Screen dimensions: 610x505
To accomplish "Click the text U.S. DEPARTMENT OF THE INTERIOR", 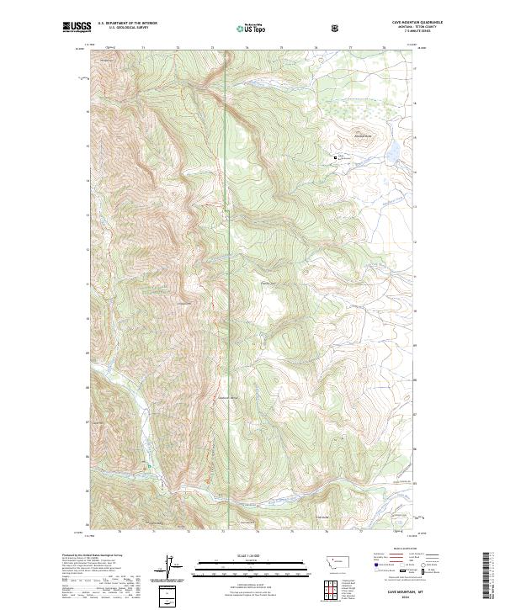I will point(127,24).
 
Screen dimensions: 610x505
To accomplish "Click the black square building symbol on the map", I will point(336,156).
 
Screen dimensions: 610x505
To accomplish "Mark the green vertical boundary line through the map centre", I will point(226,252).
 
